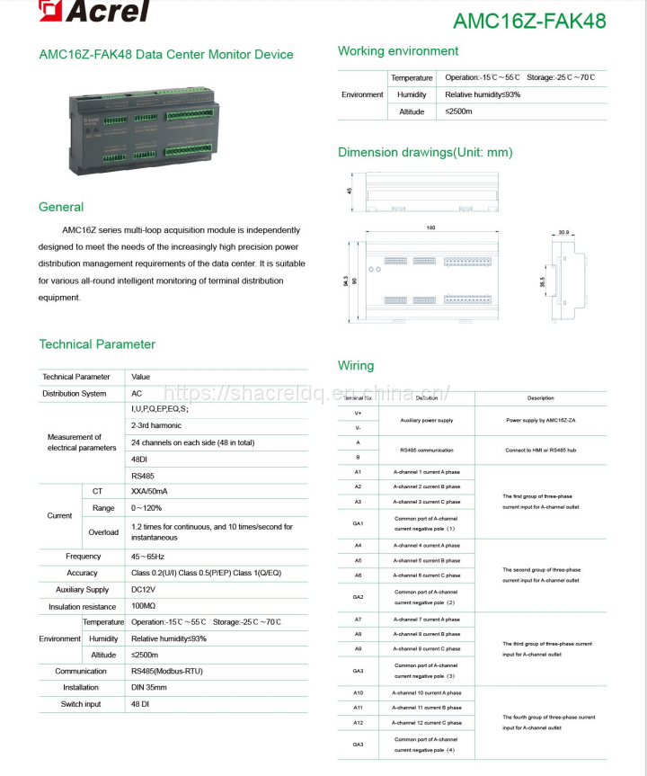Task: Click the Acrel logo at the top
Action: tap(95, 12)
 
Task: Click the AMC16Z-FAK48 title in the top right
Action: tap(529, 20)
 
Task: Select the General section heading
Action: tap(61, 207)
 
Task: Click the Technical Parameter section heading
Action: tap(97, 344)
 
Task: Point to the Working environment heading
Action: tap(398, 51)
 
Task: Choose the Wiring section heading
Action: tap(356, 366)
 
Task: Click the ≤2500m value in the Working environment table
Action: tap(459, 111)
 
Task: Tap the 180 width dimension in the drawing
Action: tap(430, 227)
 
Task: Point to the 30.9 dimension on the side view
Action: tap(563, 233)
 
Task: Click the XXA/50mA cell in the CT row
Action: tap(150, 491)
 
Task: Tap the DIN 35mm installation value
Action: tap(149, 688)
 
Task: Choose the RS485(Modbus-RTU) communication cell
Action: tap(168, 672)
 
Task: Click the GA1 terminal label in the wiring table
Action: tap(358, 523)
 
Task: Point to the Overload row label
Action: tap(103, 532)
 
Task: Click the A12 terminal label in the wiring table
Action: tap(358, 723)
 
